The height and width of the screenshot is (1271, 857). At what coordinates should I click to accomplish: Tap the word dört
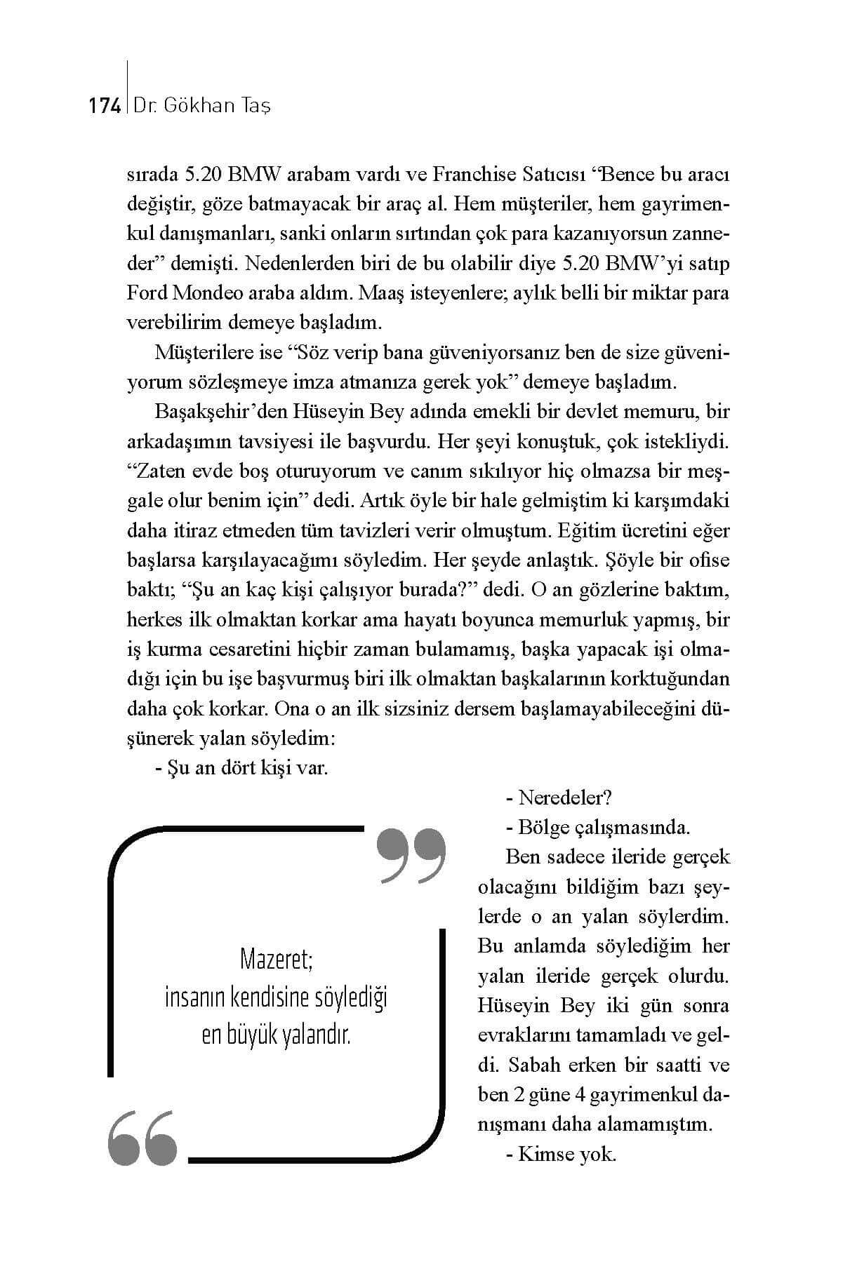coord(240,768)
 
